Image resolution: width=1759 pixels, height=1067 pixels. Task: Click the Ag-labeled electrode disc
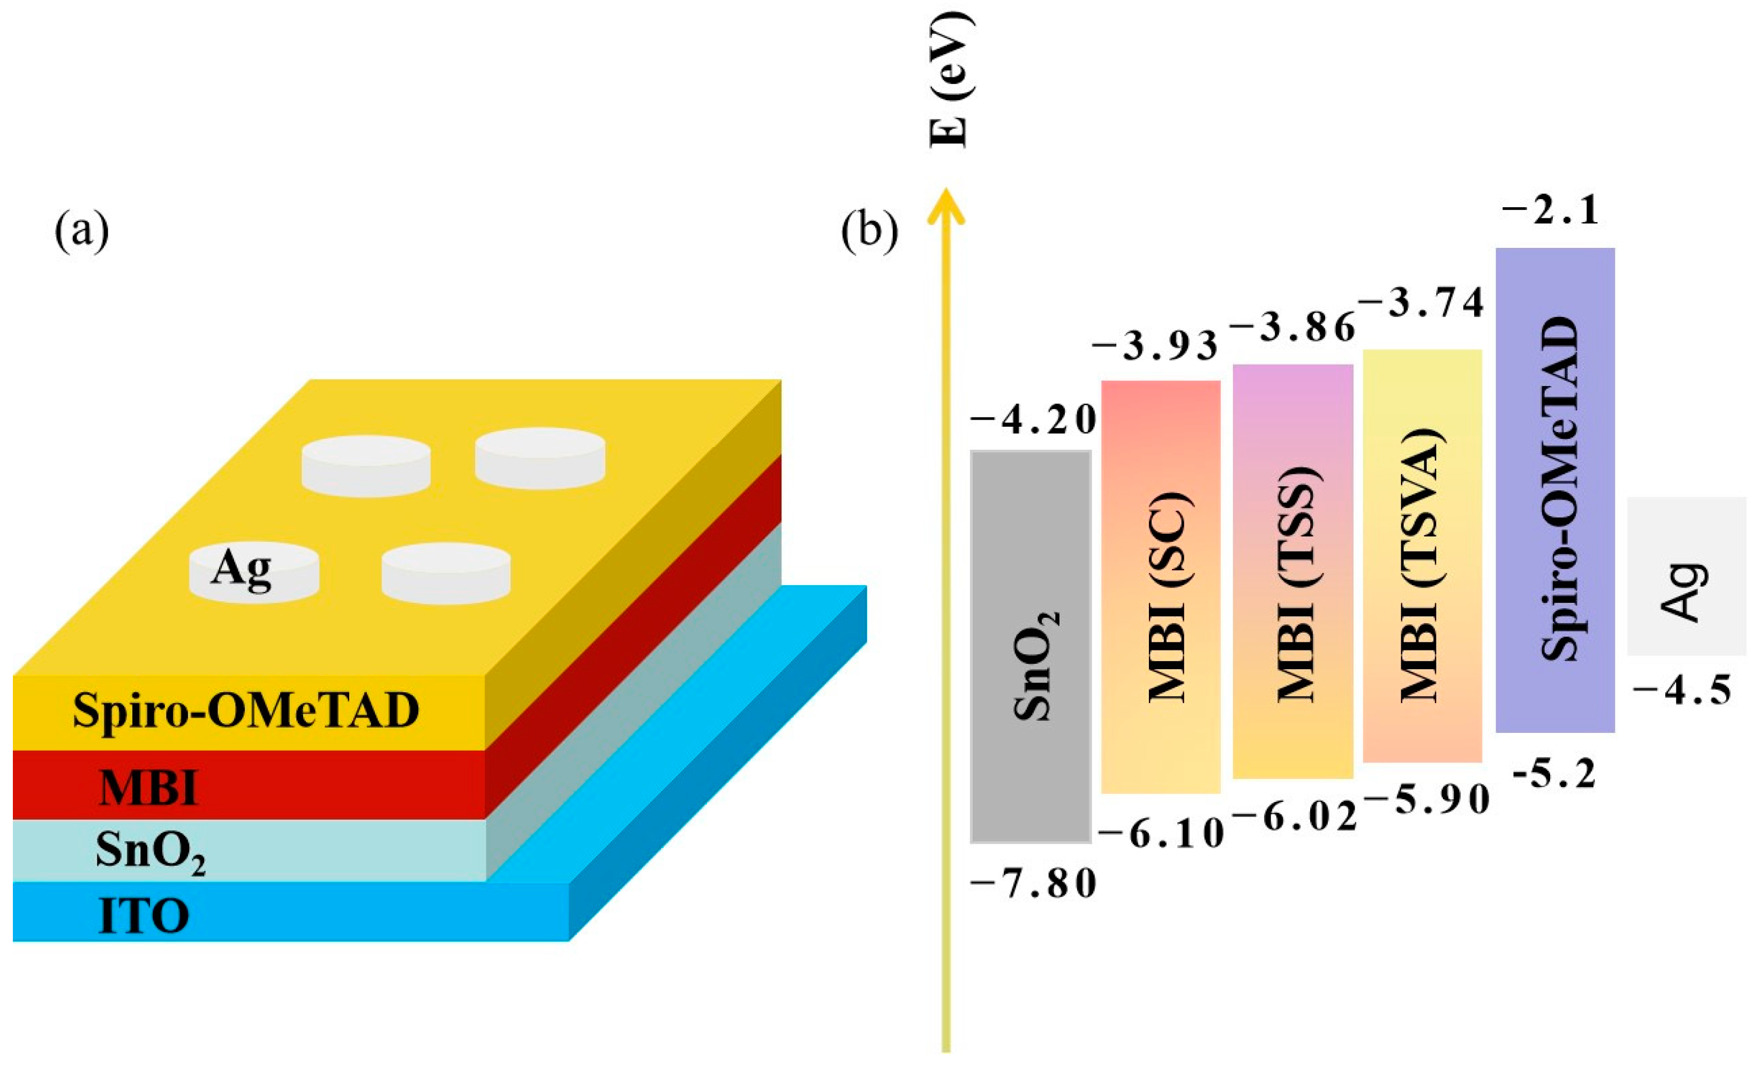tap(253, 572)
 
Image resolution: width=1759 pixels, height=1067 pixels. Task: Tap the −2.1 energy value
tap(1551, 212)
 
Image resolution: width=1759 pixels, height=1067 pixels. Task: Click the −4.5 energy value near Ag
tap(1682, 691)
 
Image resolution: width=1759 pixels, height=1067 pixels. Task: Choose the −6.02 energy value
tap(1294, 816)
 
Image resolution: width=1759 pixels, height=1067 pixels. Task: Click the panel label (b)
tap(869, 232)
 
